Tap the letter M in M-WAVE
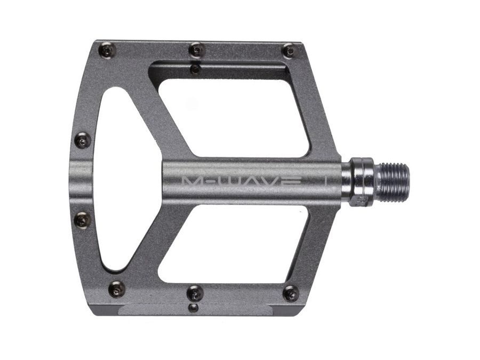pyautogui.click(x=191, y=181)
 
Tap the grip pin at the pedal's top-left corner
pyautogui.click(x=107, y=51)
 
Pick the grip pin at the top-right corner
pyautogui.click(x=289, y=51)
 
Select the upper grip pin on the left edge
pyautogui.click(x=82, y=141)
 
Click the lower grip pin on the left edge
pyautogui.click(x=83, y=219)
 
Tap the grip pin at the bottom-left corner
pyautogui.click(x=116, y=290)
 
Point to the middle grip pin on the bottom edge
pyautogui.click(x=196, y=292)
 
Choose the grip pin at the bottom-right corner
pyautogui.click(x=291, y=293)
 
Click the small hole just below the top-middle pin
pyautogui.click(x=196, y=68)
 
